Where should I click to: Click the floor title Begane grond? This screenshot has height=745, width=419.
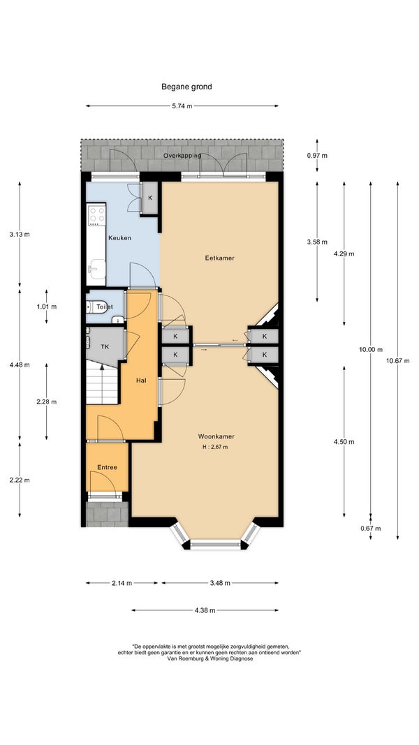(x=186, y=87)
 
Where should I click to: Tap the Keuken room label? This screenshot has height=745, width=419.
(x=119, y=238)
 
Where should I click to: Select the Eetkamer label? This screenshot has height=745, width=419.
(x=220, y=258)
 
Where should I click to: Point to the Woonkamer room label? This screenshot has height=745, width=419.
(x=216, y=436)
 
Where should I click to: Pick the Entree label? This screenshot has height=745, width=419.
(x=107, y=468)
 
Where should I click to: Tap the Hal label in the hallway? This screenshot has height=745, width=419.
(x=141, y=380)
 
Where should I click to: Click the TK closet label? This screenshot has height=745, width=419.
(x=105, y=347)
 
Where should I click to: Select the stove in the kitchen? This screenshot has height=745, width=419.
(x=97, y=215)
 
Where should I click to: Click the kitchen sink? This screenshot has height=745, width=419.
(x=97, y=268)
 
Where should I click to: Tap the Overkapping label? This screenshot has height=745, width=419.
(x=182, y=156)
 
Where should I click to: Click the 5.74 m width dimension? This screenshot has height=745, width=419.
(x=182, y=106)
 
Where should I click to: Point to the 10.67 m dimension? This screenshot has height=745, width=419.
(x=397, y=360)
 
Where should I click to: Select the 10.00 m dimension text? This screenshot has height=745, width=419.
(x=371, y=349)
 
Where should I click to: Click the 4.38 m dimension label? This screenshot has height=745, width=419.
(x=205, y=610)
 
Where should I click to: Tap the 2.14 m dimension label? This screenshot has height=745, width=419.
(x=122, y=584)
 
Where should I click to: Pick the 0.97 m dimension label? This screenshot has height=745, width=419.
(x=317, y=156)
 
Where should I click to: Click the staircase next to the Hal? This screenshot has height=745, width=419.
(x=102, y=382)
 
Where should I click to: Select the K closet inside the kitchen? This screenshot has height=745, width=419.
(x=150, y=198)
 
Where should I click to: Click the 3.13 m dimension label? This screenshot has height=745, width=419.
(x=20, y=234)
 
